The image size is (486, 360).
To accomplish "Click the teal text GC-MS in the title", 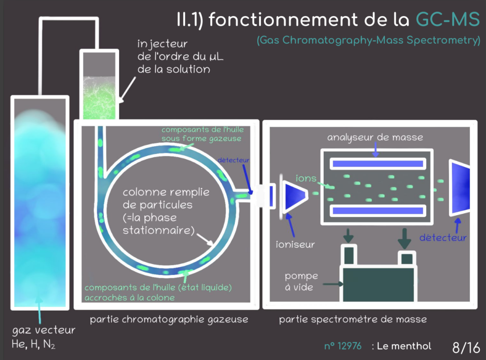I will pos(448,19).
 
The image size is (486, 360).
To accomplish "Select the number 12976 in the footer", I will pos(346,346).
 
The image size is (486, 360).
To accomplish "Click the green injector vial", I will pos(99,97).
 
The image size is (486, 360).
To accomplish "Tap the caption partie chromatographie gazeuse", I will pos(169,320).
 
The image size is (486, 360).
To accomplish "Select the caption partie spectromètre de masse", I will pos(353,320).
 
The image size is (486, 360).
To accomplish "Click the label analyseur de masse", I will pos(375,137).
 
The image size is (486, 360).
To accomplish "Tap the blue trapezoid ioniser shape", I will pos(295,195).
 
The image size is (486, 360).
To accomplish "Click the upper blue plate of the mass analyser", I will pos(377,164).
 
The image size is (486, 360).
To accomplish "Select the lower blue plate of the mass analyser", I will pos(377,210).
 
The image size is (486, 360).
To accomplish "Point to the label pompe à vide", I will pos(301,281).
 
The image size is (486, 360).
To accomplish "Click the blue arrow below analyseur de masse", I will pos(375,150).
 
